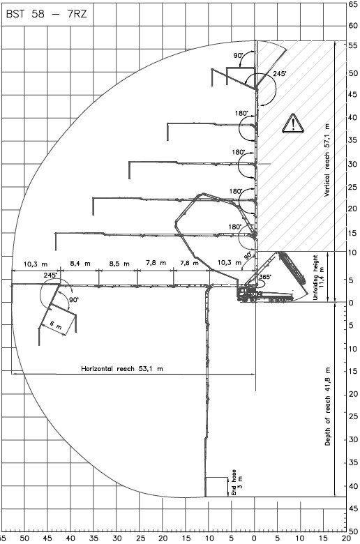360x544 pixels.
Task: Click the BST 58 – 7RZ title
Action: click(47, 14)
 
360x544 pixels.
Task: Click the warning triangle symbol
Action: click(293, 123)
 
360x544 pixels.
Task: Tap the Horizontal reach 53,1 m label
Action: click(122, 369)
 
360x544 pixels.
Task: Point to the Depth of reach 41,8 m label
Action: click(328, 407)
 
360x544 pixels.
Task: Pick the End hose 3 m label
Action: click(237, 482)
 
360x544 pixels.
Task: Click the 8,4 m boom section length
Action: click(80, 264)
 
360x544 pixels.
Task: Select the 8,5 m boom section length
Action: click(119, 264)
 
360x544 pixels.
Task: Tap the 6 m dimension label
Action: click(56, 325)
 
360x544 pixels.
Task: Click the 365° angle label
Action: click(266, 277)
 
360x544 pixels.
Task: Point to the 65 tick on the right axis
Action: click(353, 4)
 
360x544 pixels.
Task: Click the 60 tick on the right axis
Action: click(353, 26)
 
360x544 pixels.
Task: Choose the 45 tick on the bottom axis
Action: click(47, 538)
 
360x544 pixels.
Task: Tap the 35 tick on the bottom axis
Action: click(93, 538)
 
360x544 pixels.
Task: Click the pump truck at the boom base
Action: click(265, 294)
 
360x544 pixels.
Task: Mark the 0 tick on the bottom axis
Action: click(255, 538)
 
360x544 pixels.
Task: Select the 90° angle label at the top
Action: click(238, 56)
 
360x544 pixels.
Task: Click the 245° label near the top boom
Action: click(280, 73)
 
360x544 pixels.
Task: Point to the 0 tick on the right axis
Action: click(351, 303)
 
